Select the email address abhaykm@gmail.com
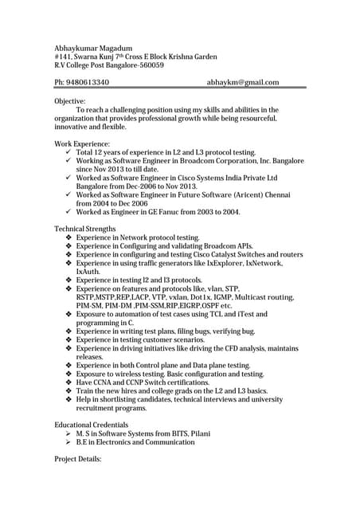click(x=243, y=82)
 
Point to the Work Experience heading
click(x=82, y=143)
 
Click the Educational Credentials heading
click(x=91, y=425)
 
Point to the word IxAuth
click(x=88, y=272)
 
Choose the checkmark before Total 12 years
click(x=68, y=152)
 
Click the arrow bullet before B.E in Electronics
click(x=68, y=442)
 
